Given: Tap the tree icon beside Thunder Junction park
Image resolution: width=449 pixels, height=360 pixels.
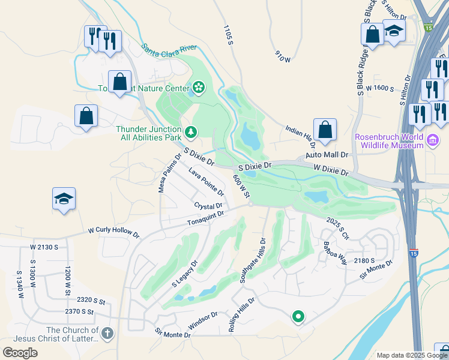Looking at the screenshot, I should coord(190,131).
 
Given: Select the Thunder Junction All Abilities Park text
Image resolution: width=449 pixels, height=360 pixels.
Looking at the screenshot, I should coord(148,133).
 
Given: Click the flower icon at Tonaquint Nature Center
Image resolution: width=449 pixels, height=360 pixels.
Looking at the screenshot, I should coord(197,89).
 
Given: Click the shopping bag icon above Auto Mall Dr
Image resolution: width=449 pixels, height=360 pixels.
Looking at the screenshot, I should coord(325,129).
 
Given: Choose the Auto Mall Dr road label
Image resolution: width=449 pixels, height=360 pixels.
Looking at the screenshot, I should coord(327,154).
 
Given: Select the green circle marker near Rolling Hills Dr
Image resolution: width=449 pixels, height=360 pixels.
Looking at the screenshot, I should coord(298,316).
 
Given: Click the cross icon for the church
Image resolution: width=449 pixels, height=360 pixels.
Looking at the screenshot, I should coord(107,333).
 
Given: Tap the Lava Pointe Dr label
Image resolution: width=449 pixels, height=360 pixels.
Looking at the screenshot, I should coord(206,182).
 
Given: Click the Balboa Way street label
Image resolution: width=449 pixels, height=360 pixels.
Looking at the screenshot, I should coord(335,253).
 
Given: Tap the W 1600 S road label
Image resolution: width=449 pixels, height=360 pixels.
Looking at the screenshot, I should coord(375,88).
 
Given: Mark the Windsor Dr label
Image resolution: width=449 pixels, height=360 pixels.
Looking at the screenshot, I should coord(202,319).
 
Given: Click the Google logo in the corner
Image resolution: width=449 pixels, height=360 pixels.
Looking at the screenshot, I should coord(20,352).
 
